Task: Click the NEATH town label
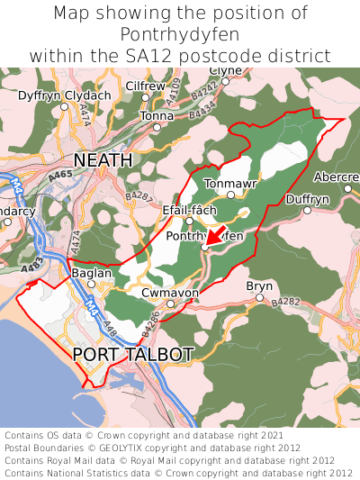103,159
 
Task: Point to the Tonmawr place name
230,183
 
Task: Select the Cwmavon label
170,293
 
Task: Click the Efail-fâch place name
189,210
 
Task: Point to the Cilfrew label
145,86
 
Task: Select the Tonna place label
157,116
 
